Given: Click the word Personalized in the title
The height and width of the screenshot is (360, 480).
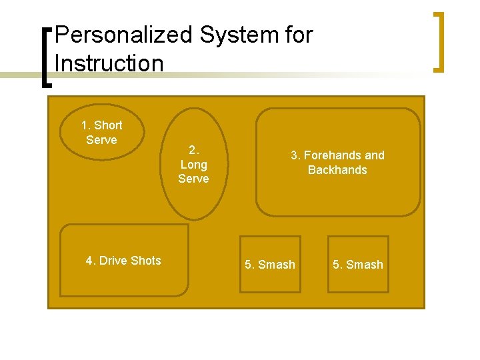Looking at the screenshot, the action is (115, 35).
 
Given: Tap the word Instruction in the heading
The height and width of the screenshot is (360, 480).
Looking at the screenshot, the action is (109, 63).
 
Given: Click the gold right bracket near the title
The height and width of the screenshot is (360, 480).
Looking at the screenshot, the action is (439, 41).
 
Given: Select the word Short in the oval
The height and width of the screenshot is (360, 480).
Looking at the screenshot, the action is (108, 125).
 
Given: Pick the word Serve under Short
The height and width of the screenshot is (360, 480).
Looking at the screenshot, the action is (101, 140).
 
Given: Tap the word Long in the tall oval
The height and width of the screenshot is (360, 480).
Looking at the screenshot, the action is (193, 164).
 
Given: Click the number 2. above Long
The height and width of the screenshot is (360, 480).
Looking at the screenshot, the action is (193, 150).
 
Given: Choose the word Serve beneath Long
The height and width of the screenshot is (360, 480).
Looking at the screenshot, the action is (193, 179).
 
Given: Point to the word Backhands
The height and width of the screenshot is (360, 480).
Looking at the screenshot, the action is (337, 170).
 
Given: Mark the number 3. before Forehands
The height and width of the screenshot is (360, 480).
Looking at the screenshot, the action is (295, 155).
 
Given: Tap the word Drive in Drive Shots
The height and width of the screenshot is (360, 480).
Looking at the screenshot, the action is (114, 261).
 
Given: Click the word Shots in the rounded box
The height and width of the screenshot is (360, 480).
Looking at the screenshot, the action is (146, 261).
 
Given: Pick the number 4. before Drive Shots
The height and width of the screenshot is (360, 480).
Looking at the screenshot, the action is (91, 261).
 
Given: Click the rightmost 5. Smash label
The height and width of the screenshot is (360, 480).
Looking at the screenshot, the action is (358, 265).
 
